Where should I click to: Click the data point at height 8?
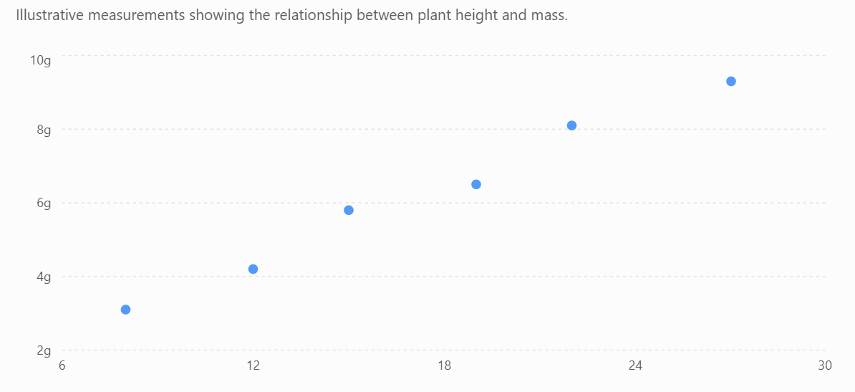tap(125, 310)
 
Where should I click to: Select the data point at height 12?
tap(253, 269)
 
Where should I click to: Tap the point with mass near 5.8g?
tap(349, 210)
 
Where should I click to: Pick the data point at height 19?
tap(476, 185)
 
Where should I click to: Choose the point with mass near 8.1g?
tap(571, 125)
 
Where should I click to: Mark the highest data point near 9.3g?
tap(731, 82)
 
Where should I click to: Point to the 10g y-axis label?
tap(40, 60)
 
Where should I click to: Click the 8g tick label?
tap(44, 130)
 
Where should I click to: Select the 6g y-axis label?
tap(44, 204)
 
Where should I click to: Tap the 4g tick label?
tap(44, 277)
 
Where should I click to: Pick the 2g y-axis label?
tap(44, 351)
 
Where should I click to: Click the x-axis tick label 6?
tap(62, 365)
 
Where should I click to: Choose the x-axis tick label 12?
tap(253, 365)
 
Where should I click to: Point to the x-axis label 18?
tap(445, 365)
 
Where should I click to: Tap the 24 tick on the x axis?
tap(635, 365)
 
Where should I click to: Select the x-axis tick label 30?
tap(826, 365)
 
